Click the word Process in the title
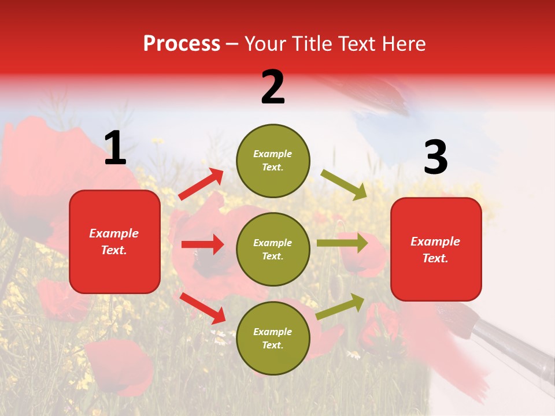182,43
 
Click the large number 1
116,148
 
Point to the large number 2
273,87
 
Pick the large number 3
435,158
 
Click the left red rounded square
114,242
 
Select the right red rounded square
436,250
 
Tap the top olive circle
273,161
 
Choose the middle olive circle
273,249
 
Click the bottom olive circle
273,338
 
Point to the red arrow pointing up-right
201,184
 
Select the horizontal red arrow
202,244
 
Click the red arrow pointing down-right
202,308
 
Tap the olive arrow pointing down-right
344,185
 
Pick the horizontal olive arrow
342,243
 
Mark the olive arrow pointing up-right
341,307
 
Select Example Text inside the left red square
114,242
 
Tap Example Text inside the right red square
435,250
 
